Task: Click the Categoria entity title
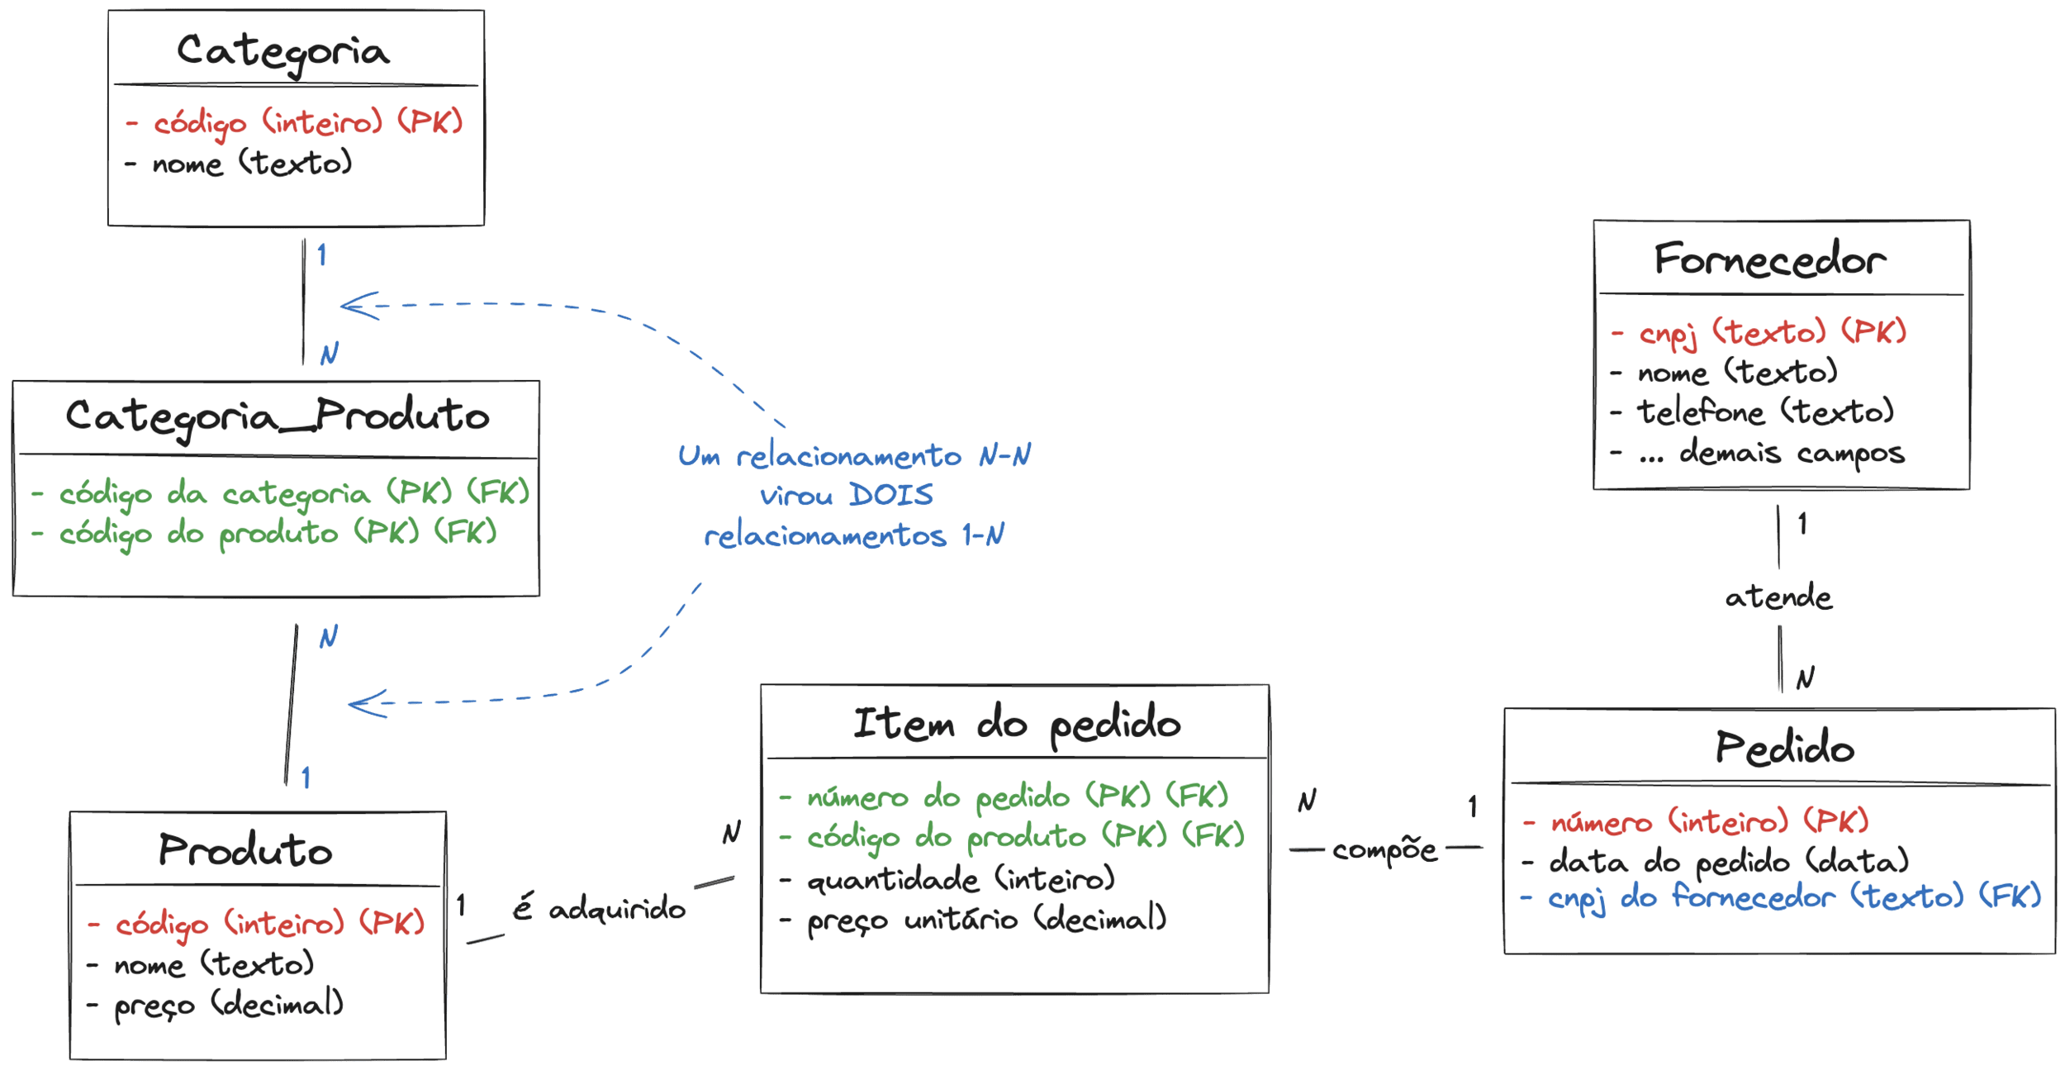click(x=282, y=52)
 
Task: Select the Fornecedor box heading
click(x=1769, y=260)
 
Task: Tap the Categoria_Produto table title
click(x=278, y=416)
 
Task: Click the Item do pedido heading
click(x=1017, y=725)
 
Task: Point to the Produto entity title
click(x=245, y=850)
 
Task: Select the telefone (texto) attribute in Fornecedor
click(x=1765, y=411)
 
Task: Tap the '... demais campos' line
click(x=1771, y=453)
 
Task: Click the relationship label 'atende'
click(x=1778, y=597)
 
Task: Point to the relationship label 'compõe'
click(x=1384, y=850)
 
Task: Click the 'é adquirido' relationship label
click(x=599, y=909)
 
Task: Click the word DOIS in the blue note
click(x=891, y=496)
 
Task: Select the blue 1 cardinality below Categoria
click(x=321, y=254)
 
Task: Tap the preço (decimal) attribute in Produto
click(x=228, y=1005)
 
